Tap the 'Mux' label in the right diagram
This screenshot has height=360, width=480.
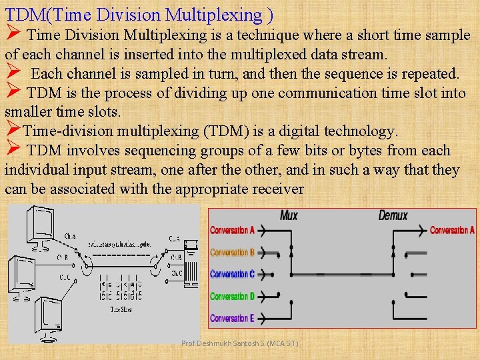(289, 215)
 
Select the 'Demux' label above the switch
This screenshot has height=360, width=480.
(393, 215)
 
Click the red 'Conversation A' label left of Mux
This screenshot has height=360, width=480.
(233, 231)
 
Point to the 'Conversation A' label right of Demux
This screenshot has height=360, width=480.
(452, 231)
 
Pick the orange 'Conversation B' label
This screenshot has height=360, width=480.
(233, 253)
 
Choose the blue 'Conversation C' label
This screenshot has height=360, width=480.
(233, 274)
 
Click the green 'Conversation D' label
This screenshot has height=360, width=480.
(233, 296)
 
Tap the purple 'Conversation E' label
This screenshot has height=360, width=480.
(233, 318)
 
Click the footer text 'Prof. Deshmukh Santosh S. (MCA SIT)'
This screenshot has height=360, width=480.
(240, 343)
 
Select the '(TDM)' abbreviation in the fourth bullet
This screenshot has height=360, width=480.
(229, 131)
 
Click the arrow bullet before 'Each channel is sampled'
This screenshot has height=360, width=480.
(13, 72)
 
